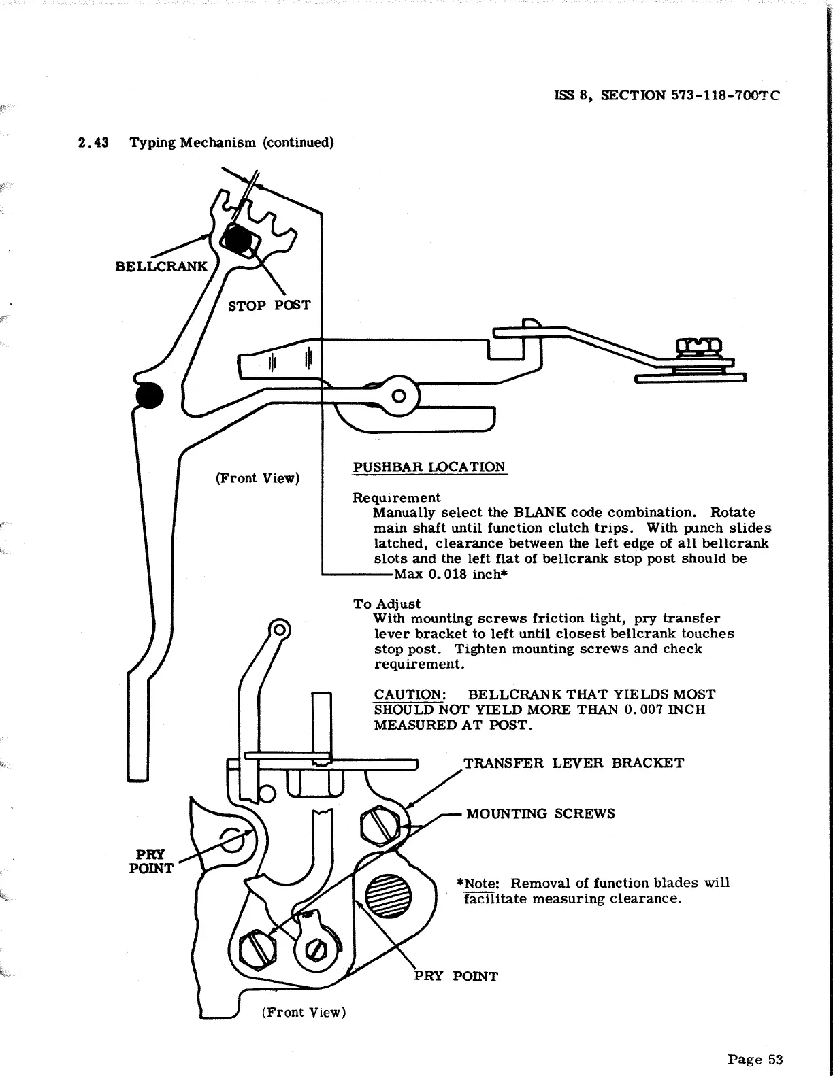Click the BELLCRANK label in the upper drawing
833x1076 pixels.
tap(161, 266)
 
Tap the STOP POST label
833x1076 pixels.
tap(269, 306)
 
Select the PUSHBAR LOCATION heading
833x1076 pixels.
tap(429, 467)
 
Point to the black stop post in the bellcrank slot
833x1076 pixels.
tap(238, 239)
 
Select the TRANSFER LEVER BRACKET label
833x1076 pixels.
tap(573, 762)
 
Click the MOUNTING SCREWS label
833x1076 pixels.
tap(540, 813)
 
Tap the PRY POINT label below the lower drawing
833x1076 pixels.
tap(456, 977)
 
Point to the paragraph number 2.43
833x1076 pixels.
tap(94, 143)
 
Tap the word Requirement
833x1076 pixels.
tap(396, 497)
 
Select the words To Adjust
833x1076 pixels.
tap(387, 604)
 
